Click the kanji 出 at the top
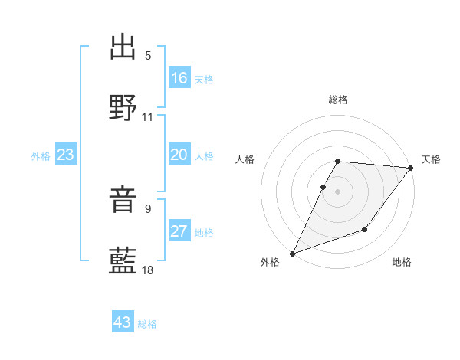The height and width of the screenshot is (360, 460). coord(123,47)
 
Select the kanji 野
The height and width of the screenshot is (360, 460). coord(123,107)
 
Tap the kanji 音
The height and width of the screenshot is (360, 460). coord(123,201)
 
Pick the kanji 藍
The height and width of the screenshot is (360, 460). coord(123,260)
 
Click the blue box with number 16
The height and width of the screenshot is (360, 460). coord(179,78)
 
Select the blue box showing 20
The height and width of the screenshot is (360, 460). coord(179,155)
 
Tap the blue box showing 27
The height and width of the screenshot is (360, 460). coord(179,231)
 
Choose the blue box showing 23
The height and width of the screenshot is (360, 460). coord(66,155)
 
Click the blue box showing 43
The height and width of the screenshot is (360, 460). coord(123,322)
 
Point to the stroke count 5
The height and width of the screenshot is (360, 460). coord(148,56)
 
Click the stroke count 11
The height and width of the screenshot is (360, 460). coord(148,117)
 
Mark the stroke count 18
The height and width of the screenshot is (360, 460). coord(148,270)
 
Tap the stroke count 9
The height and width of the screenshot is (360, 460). coord(148,208)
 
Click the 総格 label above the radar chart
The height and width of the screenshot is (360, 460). coord(338,100)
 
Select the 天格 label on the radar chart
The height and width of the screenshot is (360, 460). coord(431,159)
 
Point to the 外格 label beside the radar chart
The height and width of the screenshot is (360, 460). coord(270,262)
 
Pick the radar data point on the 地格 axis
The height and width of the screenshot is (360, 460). coord(365,230)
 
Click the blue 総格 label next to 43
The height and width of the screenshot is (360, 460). coord(147,323)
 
